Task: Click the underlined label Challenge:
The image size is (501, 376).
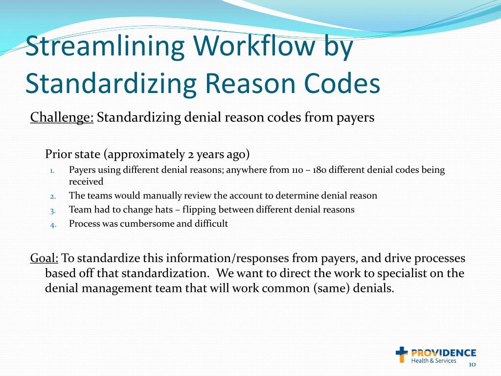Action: pos(62,118)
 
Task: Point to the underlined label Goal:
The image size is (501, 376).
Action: pos(44,258)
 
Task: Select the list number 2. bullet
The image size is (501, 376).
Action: pos(53,196)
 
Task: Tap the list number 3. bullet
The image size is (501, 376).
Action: pos(53,211)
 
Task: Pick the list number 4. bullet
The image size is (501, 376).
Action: pos(53,225)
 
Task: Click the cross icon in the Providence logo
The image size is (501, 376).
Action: pos(402,354)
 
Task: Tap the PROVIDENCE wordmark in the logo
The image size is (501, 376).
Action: pos(443,352)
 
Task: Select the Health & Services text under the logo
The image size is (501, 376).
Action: pos(433,361)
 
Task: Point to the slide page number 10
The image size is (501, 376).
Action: pos(472,365)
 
